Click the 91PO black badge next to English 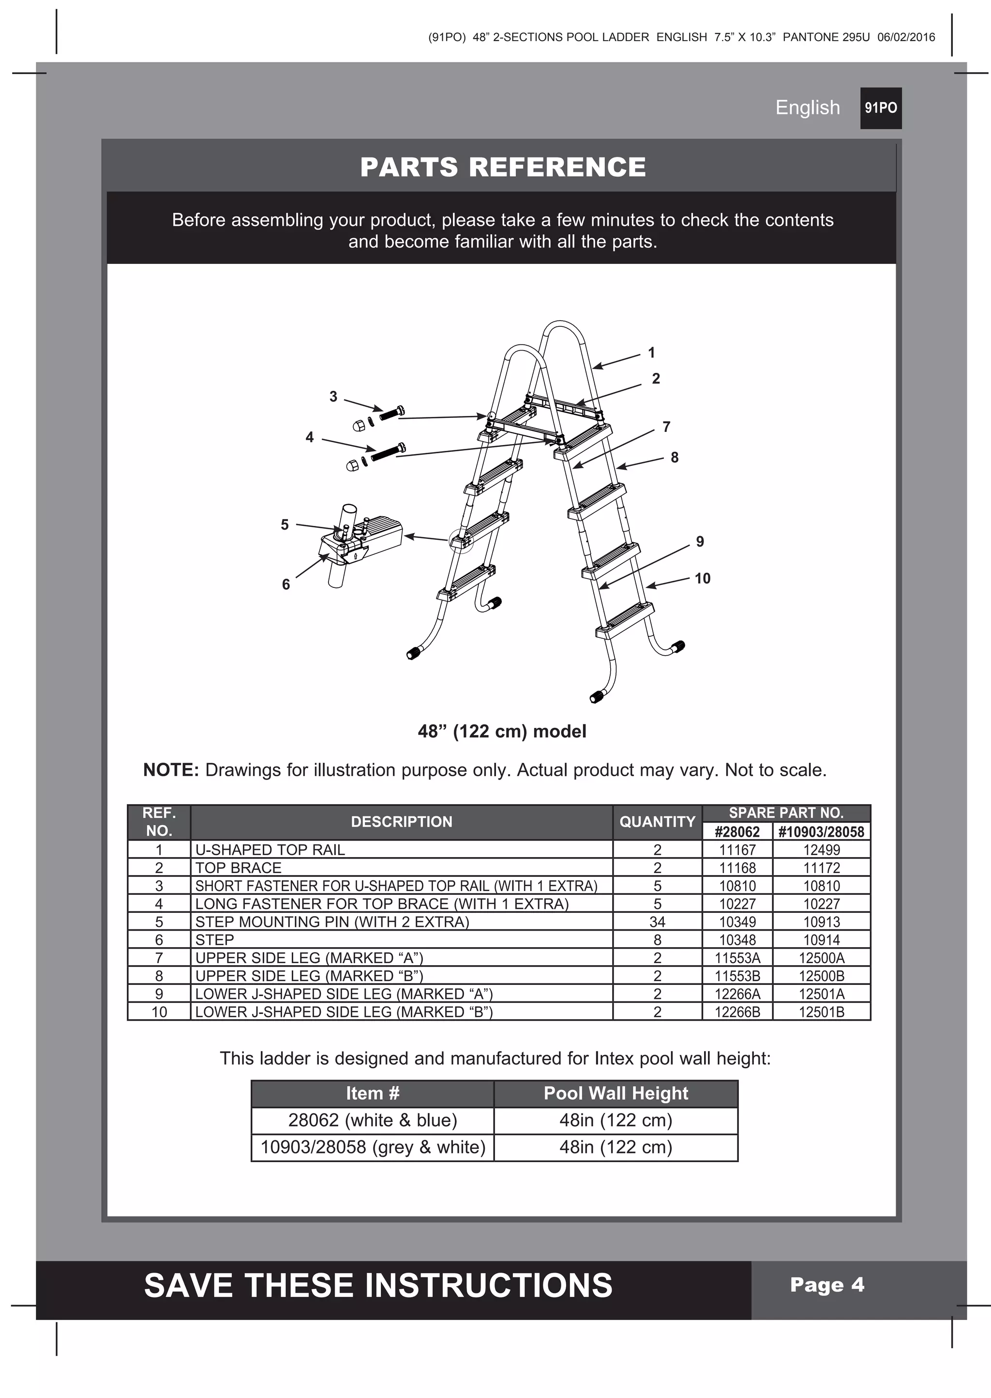[881, 108]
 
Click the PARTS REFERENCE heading [503, 167]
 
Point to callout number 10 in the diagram [703, 578]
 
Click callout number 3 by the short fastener [333, 396]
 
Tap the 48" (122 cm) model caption [502, 731]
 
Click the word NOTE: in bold [171, 770]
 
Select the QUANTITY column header [657, 822]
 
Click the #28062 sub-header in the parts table [737, 832]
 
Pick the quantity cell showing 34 [657, 922]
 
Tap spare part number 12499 [821, 850]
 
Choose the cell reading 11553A [737, 958]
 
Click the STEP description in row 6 [215, 939]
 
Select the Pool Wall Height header [616, 1093]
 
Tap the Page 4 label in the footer [827, 1285]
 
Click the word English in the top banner [807, 108]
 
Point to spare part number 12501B [821, 1012]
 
